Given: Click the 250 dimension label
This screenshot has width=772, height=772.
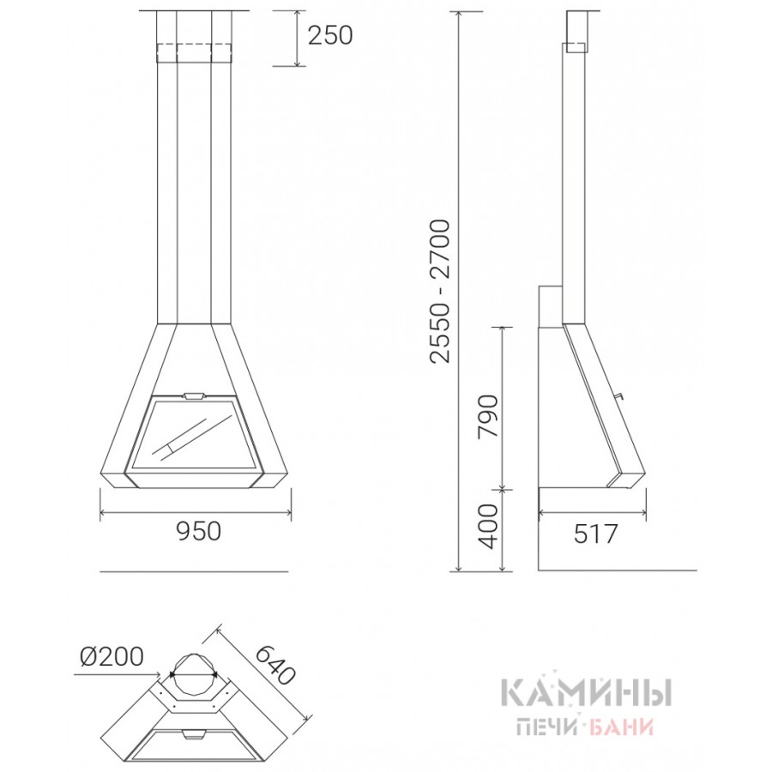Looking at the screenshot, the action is [330, 35].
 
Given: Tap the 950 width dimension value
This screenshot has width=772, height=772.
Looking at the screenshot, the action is [198, 531].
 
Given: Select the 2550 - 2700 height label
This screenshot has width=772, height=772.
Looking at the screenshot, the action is [440, 292].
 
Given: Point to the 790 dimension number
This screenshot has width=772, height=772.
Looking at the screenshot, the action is [488, 415].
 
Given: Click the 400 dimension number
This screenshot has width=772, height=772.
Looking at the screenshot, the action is [488, 527].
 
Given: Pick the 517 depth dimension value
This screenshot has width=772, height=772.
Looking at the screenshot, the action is [595, 534].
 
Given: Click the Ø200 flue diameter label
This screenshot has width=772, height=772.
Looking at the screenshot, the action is [112, 656].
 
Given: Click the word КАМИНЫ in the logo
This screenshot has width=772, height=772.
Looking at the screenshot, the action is [586, 691].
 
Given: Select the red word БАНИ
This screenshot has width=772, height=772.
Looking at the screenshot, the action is [621, 727].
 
